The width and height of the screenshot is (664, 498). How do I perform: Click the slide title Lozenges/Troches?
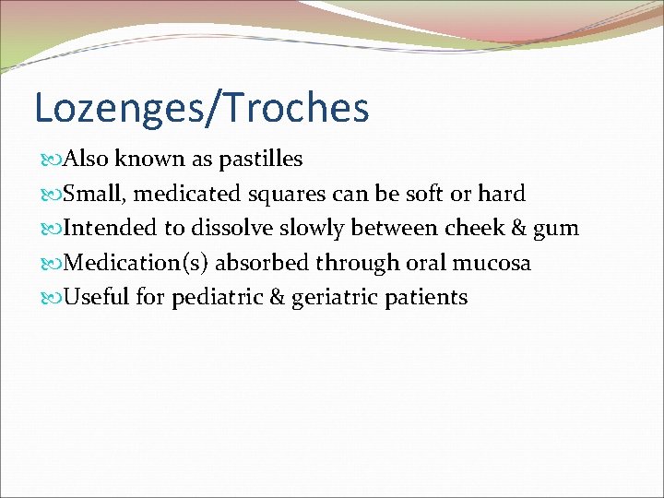point(201,107)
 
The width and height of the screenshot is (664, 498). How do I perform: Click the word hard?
point(502,194)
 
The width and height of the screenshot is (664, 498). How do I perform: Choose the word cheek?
point(473,228)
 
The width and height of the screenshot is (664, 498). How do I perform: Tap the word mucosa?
point(492,263)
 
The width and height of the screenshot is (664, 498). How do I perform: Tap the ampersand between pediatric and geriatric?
point(276,298)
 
